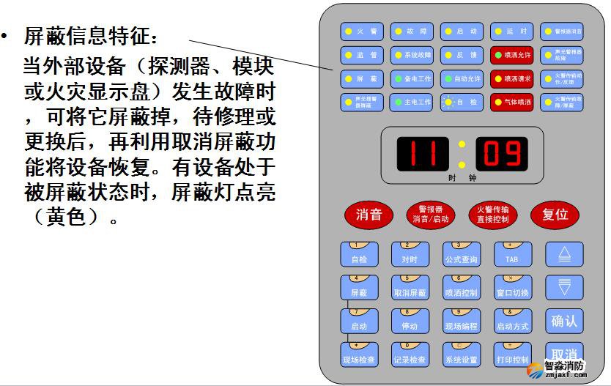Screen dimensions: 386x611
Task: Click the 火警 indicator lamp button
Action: (360, 31)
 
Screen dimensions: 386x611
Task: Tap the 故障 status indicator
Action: (410, 31)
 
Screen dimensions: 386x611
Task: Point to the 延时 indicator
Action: (511, 31)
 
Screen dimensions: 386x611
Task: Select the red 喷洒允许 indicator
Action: (511, 55)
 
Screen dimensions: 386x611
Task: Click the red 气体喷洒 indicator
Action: (511, 103)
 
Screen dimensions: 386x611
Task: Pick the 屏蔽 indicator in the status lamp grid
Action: (360, 78)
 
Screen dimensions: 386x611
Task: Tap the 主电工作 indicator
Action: (410, 103)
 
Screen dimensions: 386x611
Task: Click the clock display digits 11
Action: (422, 153)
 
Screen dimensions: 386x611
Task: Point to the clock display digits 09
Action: (501, 153)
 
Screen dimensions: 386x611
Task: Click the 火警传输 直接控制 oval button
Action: (492, 215)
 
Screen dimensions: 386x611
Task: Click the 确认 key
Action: (563, 321)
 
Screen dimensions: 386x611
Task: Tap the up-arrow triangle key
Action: (563, 254)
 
